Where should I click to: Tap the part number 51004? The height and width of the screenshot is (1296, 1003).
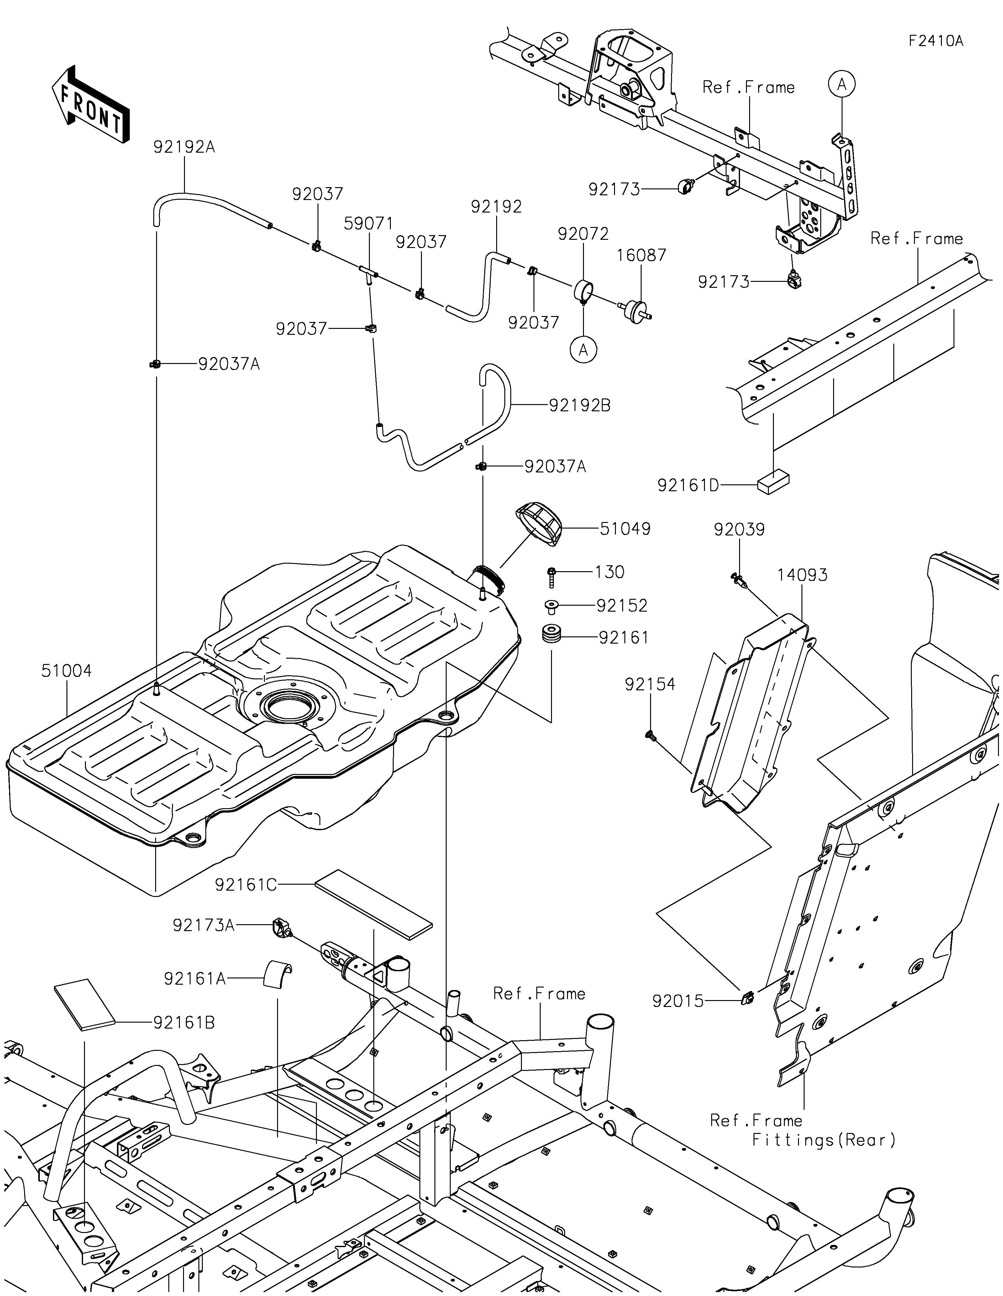click(66, 671)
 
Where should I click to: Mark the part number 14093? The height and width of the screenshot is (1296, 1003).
click(802, 575)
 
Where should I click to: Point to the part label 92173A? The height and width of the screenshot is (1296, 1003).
click(203, 925)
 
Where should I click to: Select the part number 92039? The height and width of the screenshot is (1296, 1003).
click(739, 529)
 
